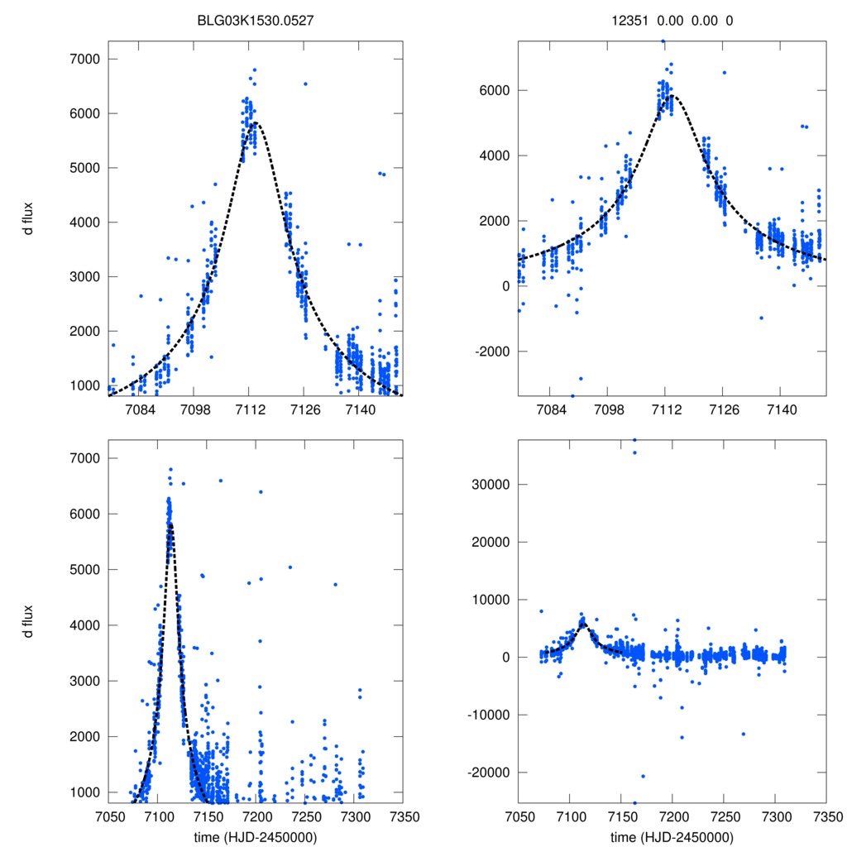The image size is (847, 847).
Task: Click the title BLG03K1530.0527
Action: coord(256,21)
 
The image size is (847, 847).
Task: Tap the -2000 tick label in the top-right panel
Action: coord(489,352)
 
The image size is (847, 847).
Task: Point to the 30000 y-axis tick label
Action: coord(486,484)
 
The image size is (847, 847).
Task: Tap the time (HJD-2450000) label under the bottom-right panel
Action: coord(672,836)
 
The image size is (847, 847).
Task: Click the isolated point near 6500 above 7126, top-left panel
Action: coord(305,84)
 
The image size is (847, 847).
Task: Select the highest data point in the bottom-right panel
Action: coord(634,439)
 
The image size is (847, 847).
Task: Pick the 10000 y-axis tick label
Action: coord(486,600)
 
